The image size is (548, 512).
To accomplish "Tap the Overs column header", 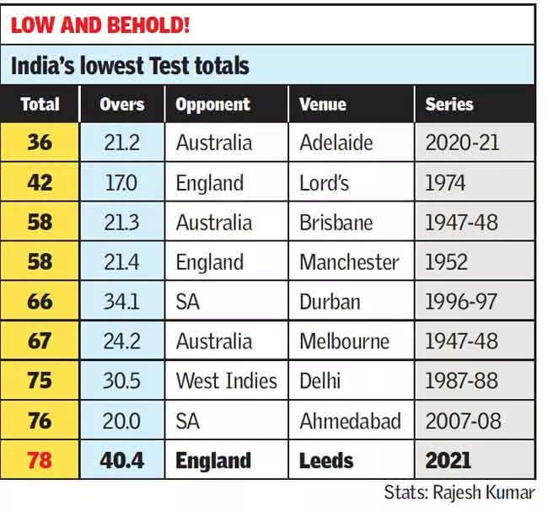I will pos(122,105).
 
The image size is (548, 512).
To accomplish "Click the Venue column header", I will pos(323,105).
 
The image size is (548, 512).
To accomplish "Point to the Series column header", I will pos(449,105).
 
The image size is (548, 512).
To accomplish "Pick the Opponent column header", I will pos(212,105).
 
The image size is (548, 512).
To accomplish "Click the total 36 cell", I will pos(40,143).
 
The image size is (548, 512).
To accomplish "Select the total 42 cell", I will pos(40,183).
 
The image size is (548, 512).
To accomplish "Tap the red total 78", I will pos(40,461).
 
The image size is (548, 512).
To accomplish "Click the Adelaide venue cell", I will pos(336,143).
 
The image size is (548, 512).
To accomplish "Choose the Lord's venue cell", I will pos(325,183).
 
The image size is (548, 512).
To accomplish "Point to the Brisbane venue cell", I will pos(335,223).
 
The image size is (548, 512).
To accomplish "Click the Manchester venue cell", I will pos(349,262).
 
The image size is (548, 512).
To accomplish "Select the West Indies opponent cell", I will pos(226,380).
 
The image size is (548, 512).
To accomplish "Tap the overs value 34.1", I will pos(122,301).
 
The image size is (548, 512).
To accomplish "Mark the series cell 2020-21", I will pos(462,143).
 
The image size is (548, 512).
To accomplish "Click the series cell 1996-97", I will pos(462,301).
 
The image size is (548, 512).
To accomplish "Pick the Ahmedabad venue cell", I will pos(350,420).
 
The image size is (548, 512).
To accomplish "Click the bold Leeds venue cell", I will pos(326,461).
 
